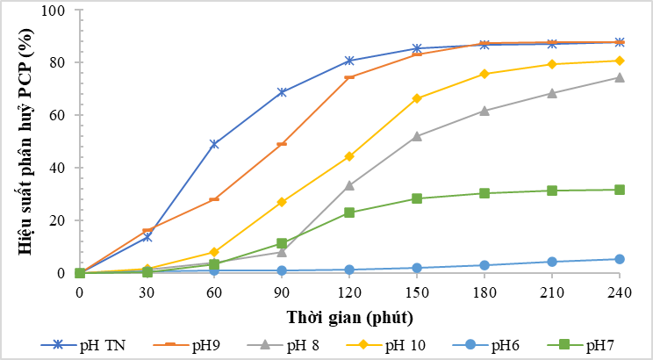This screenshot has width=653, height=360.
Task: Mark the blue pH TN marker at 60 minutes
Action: tap(214, 144)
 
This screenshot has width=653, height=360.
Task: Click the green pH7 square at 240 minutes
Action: tap(619, 190)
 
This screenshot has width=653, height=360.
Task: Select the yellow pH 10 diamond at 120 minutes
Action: tap(349, 156)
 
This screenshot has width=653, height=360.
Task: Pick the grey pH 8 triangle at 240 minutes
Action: tap(619, 77)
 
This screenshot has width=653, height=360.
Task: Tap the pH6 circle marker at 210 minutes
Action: tap(552, 262)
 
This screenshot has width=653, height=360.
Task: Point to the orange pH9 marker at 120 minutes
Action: tap(349, 77)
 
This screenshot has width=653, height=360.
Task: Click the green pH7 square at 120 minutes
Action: tap(349, 212)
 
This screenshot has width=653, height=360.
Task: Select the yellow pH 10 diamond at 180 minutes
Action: tap(484, 74)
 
